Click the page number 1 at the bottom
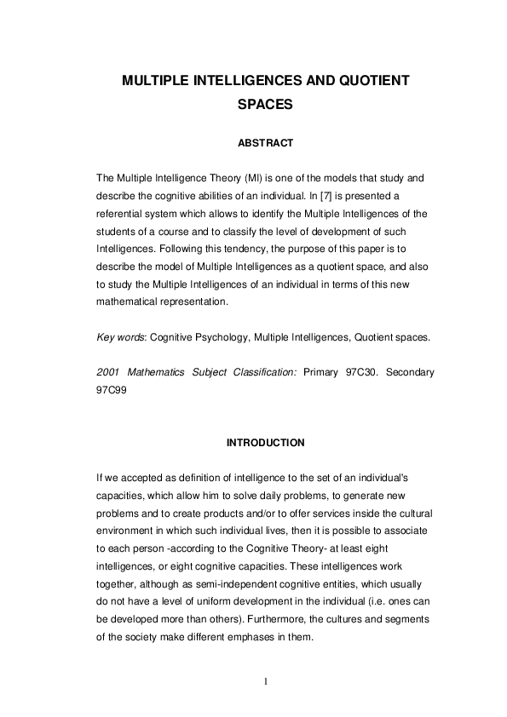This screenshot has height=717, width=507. tap(265, 681)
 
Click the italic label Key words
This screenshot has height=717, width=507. tap(120, 337)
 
